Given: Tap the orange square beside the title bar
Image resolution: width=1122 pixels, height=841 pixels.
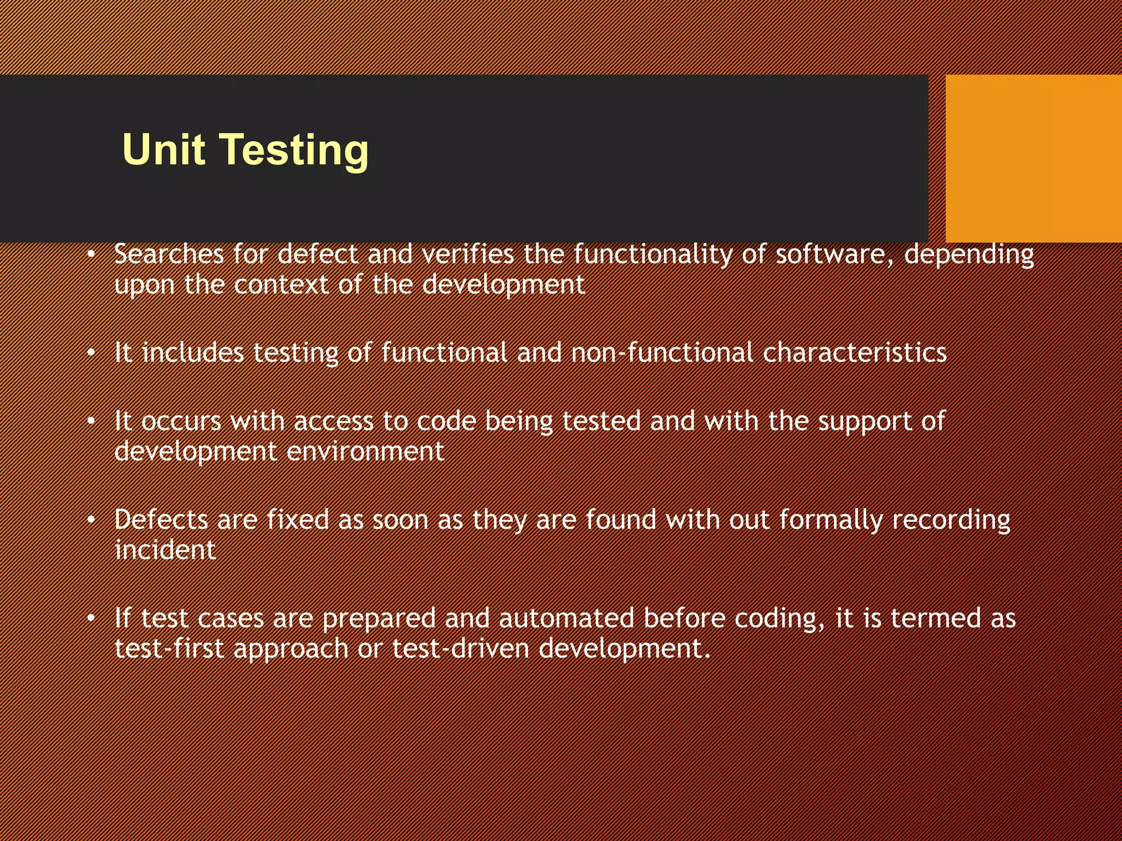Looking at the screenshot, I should click(1033, 158).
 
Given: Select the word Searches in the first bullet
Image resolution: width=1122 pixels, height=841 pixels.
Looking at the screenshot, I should click(169, 254).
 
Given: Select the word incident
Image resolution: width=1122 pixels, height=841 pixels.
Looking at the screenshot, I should click(165, 550).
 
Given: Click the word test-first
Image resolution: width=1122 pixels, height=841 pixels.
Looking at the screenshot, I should click(169, 649).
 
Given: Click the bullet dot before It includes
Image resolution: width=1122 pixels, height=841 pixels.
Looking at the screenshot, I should click(91, 353).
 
